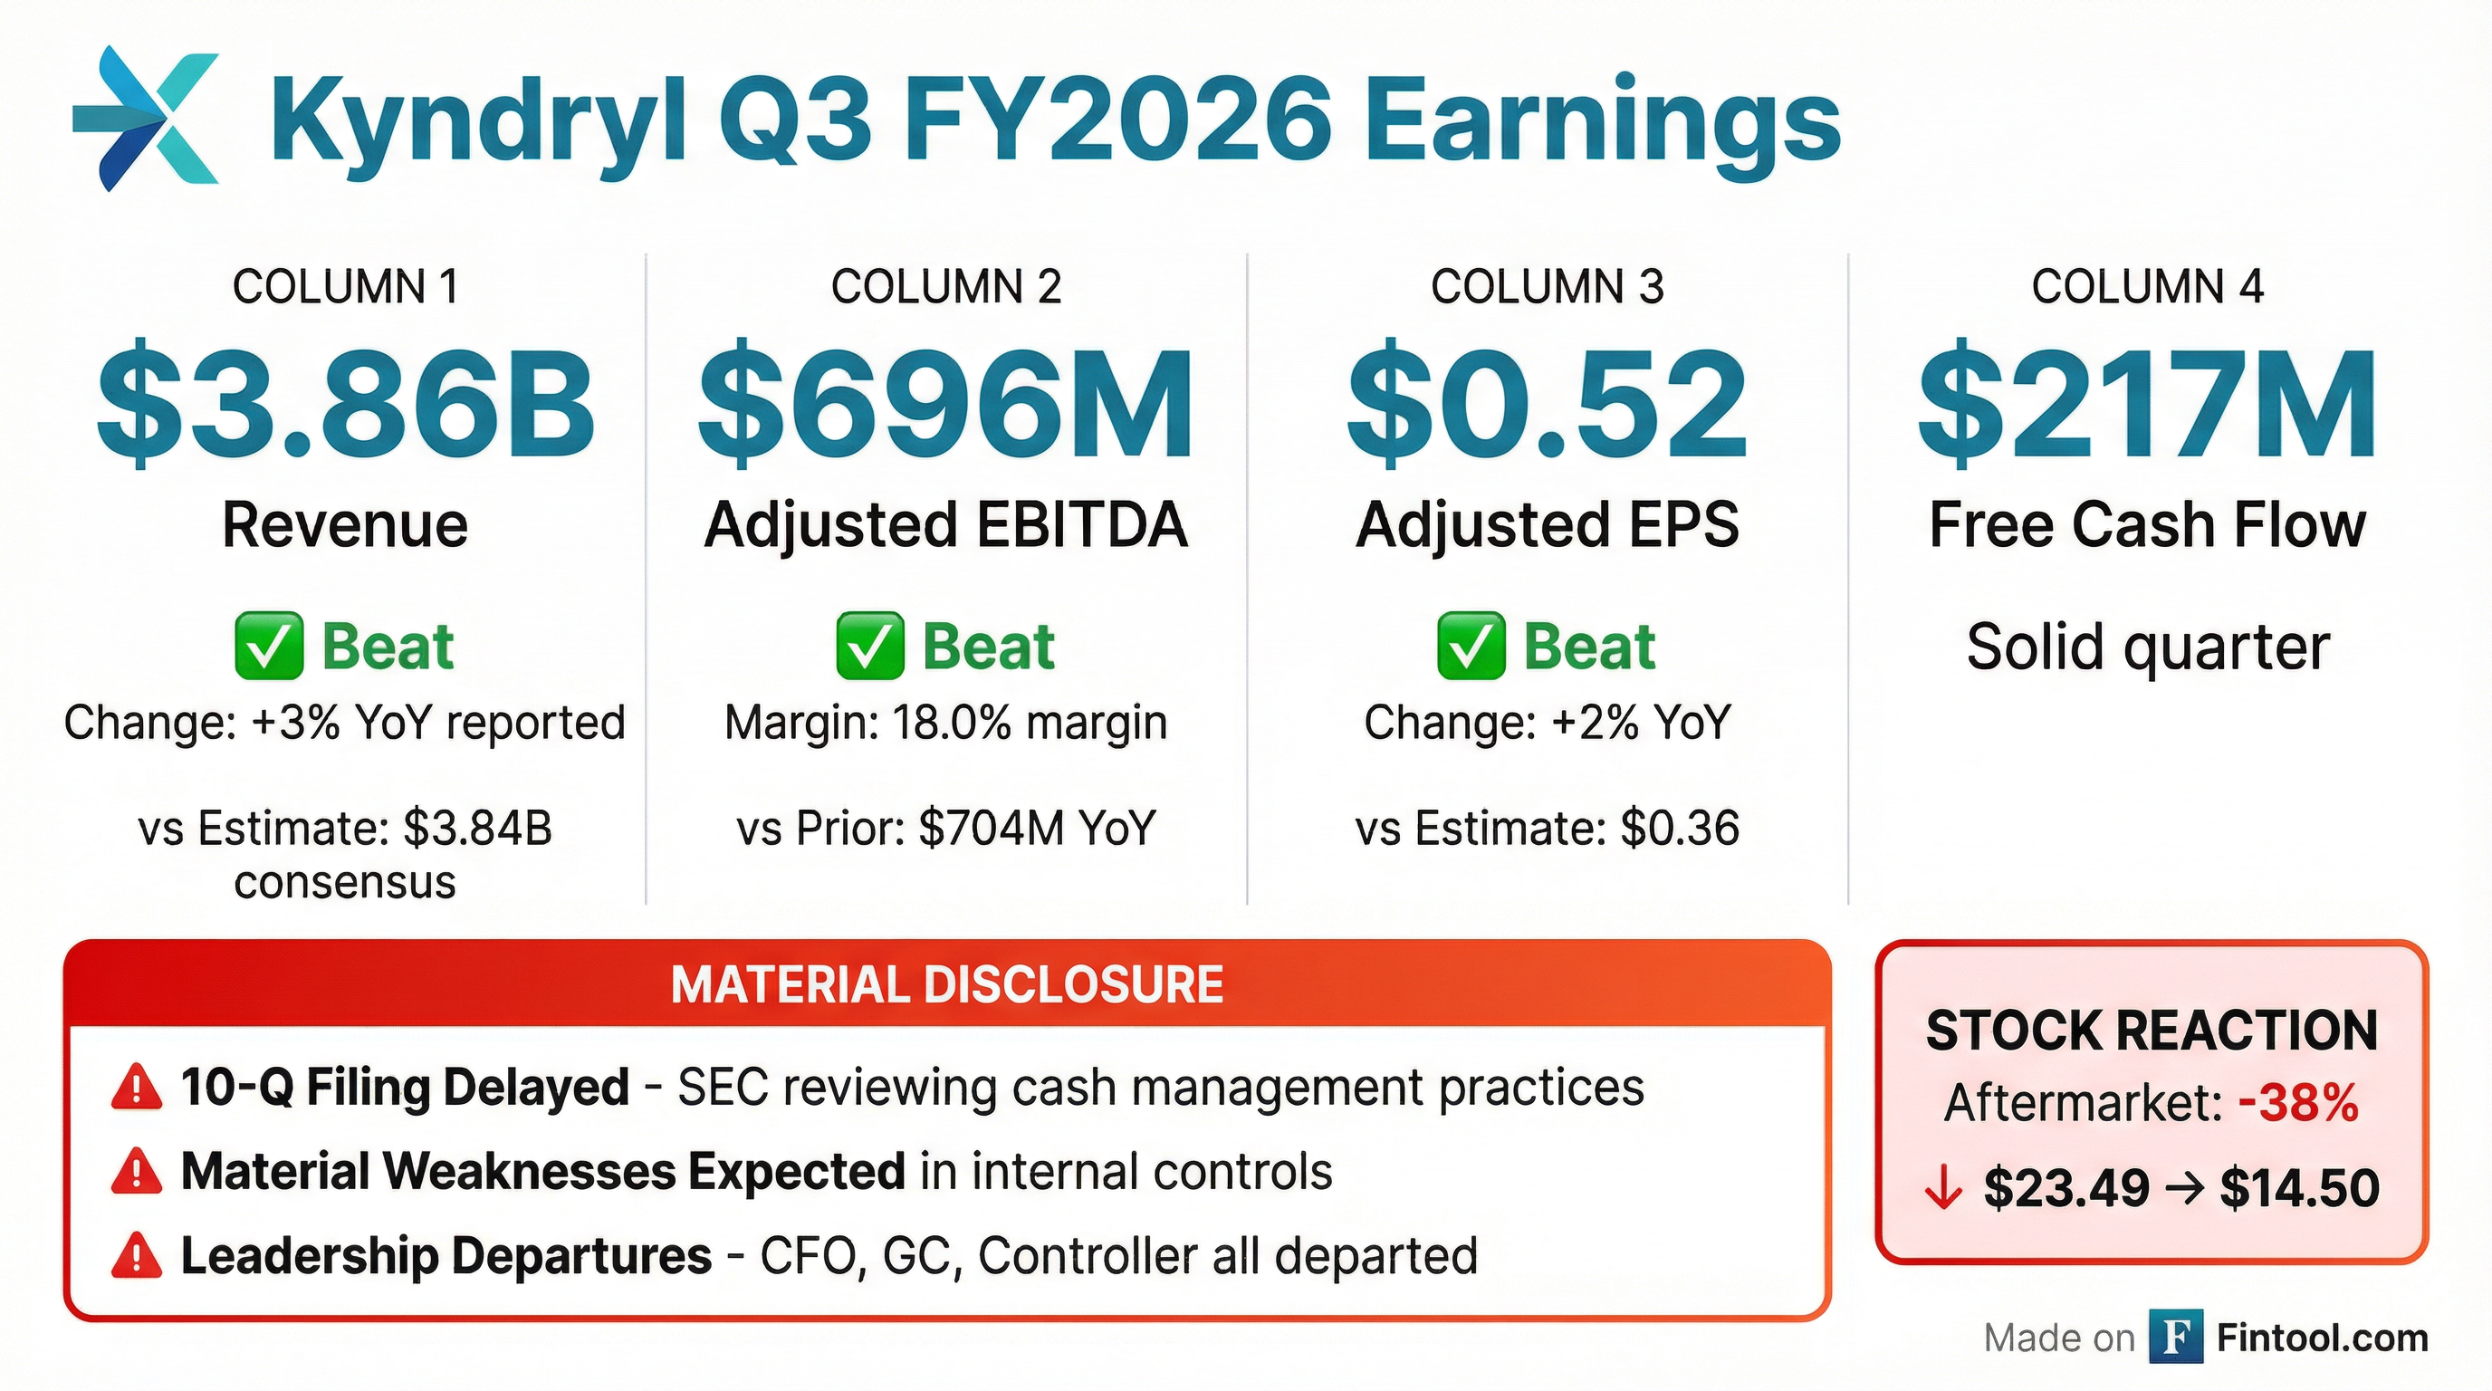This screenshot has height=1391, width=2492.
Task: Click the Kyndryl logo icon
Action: coord(146,117)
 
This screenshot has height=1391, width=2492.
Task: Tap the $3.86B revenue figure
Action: coord(345,403)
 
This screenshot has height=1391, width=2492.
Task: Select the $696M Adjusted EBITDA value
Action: coord(946,403)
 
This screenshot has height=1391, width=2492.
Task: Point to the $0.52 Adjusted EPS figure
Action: coord(1547,403)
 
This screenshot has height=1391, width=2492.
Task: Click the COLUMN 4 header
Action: coord(2148,286)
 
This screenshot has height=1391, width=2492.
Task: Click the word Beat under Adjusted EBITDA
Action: coord(988,647)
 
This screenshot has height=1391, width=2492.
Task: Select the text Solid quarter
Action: coord(2148,647)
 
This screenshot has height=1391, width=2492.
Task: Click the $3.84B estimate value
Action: coord(478,828)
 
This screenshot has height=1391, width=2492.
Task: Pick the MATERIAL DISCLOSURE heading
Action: coord(947,984)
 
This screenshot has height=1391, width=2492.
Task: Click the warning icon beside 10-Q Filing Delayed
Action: coord(137,1087)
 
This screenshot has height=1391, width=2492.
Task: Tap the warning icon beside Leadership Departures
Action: coord(137,1255)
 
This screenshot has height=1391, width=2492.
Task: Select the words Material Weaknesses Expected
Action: coord(542,1172)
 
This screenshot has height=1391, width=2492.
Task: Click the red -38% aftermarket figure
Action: coord(2298,1103)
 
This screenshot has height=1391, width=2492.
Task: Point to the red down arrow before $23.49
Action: coord(1942,1189)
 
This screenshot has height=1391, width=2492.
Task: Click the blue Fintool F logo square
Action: coord(2176,1336)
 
